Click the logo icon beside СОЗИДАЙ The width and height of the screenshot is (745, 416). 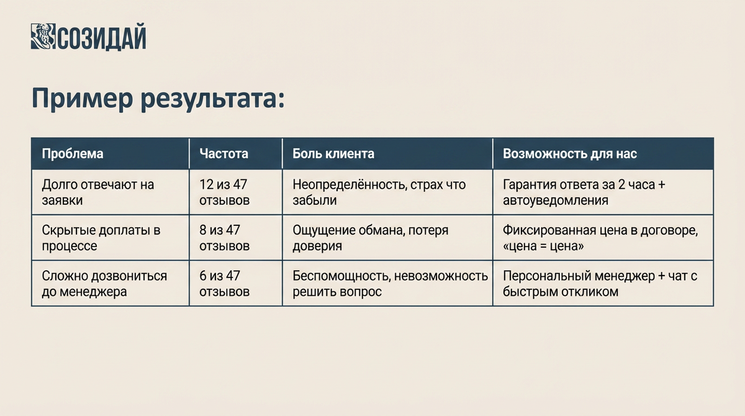43,37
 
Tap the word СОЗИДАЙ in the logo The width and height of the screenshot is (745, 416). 102,38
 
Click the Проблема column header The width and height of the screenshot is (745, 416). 72,153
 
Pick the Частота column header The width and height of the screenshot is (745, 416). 223,153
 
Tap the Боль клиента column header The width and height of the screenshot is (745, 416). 333,153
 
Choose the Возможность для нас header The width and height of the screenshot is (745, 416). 569,153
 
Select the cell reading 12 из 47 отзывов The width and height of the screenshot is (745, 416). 224,192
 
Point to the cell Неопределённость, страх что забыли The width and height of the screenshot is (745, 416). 379,192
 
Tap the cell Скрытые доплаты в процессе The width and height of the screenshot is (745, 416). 101,238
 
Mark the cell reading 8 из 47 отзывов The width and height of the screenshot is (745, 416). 224,238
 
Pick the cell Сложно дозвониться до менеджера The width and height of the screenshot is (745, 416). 104,283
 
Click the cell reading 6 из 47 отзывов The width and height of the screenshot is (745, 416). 224,283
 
